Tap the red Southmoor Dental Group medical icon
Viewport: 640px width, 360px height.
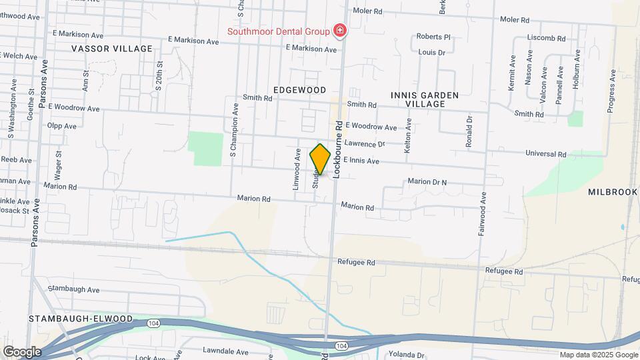point(340,31)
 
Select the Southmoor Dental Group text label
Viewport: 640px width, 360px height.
point(279,31)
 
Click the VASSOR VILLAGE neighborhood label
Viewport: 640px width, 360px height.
point(112,49)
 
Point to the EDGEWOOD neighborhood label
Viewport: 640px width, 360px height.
point(299,90)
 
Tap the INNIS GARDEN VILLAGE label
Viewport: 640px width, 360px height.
point(425,99)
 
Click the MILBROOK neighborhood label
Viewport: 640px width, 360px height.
point(613,192)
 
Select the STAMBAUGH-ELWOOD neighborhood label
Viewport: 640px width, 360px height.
point(81,319)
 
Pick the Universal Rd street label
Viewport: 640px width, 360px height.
point(545,153)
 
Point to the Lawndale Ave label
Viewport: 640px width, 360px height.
point(225,352)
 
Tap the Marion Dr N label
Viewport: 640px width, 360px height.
point(427,181)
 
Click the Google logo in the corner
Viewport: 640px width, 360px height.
point(22,351)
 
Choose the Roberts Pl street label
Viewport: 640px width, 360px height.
point(433,37)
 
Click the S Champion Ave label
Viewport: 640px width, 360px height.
point(233,130)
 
